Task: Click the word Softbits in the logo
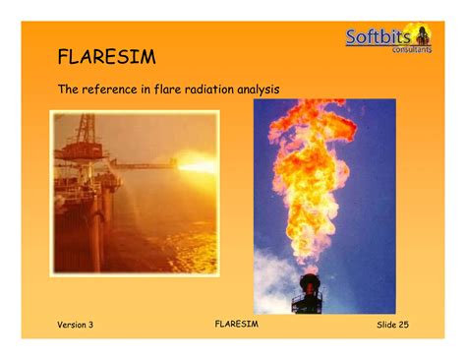[379, 38]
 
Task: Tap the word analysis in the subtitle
[258, 90]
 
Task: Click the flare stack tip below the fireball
[310, 285]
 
